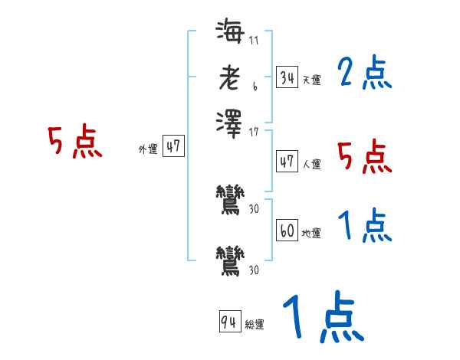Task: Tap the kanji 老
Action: (229, 77)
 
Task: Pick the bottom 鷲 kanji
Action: (230, 259)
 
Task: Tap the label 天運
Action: (311, 80)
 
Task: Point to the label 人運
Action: (311, 164)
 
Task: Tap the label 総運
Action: (254, 325)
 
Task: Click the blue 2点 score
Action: (364, 74)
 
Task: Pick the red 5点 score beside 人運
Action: (364, 157)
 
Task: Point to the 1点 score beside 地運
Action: (364, 227)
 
